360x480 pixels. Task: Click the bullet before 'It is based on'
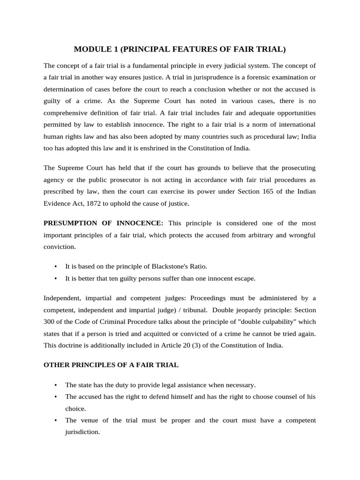pos(56,266)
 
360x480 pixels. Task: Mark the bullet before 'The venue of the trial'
pos(56,420)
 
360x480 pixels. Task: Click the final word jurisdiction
pos(82,432)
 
